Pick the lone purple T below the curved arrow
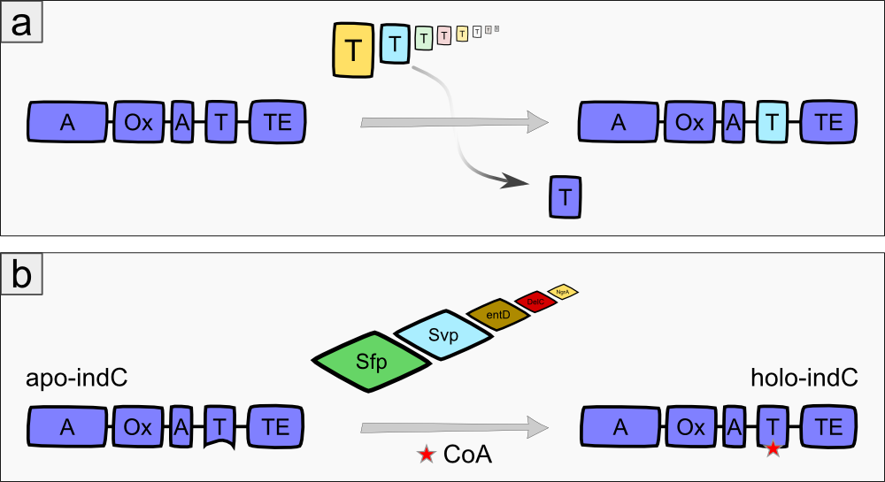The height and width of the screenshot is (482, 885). point(565,196)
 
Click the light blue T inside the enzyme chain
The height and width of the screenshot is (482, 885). point(773,123)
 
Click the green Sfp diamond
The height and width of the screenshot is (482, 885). point(373,363)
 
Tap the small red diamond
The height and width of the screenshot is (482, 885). point(535,302)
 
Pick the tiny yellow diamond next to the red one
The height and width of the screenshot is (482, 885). point(562,290)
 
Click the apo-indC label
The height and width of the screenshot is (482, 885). point(77,379)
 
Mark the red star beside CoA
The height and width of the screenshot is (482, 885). point(427,455)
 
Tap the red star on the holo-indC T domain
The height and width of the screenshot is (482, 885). point(773,448)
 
